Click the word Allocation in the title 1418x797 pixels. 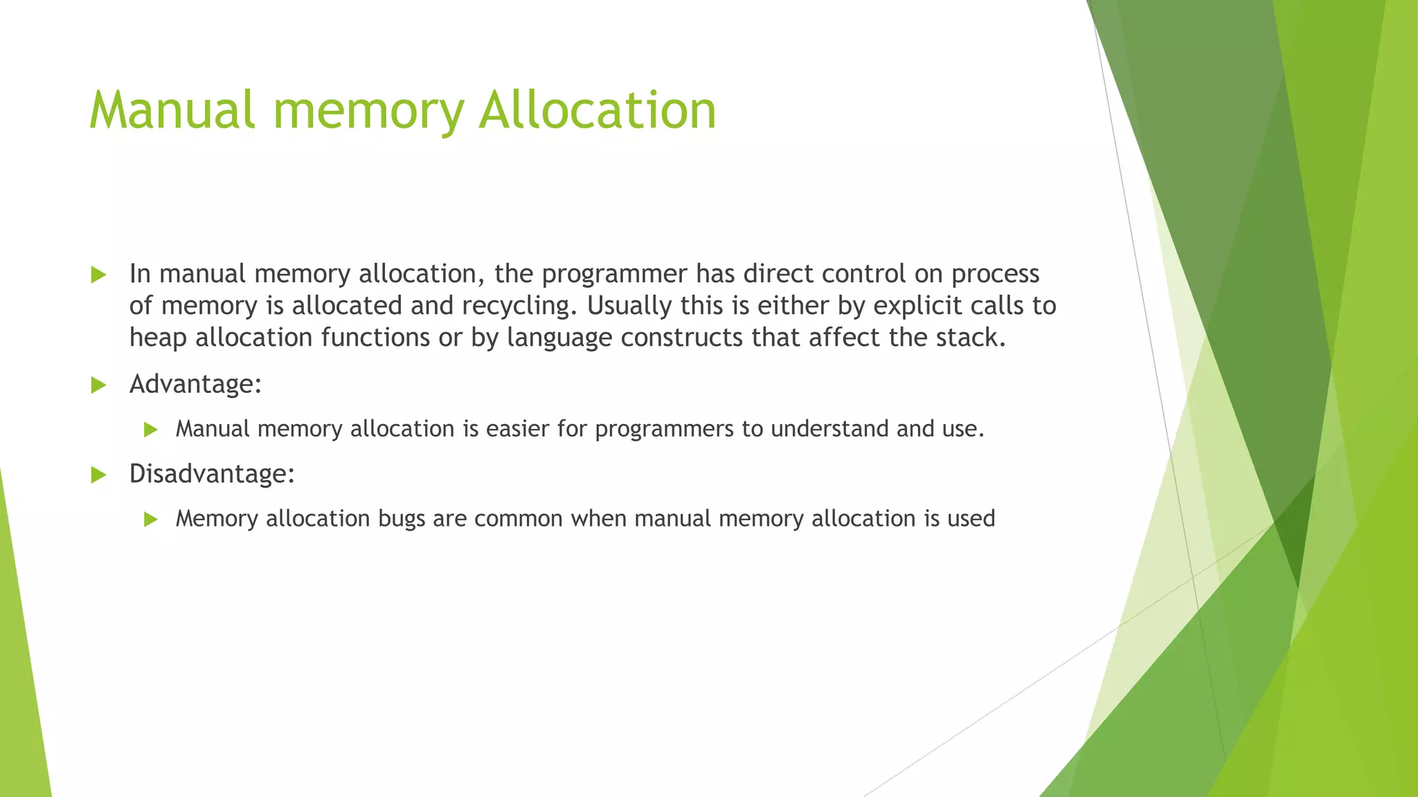(x=597, y=111)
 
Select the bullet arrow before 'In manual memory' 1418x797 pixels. (x=98, y=275)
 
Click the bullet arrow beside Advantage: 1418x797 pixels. (x=98, y=385)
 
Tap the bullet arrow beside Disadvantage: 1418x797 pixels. (x=98, y=475)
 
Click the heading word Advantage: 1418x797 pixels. (x=195, y=385)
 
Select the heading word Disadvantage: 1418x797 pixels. (x=212, y=475)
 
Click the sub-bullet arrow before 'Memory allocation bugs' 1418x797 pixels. (x=151, y=520)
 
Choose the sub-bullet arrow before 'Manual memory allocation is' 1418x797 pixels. (x=151, y=430)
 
